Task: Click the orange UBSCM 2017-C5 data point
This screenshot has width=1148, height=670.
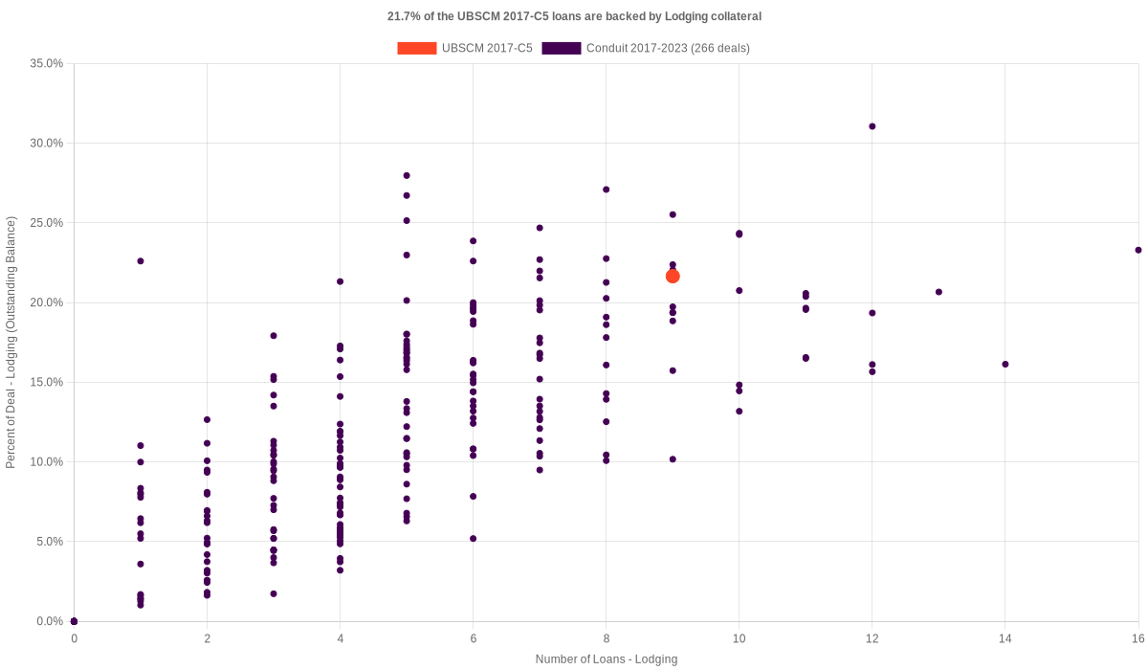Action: (673, 276)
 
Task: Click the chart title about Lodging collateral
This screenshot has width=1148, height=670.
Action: (574, 16)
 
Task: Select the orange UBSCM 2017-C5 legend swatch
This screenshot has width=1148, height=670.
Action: (416, 48)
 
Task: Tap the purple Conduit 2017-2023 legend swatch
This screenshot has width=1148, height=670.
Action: (561, 48)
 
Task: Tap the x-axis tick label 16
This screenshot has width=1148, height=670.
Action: (1137, 637)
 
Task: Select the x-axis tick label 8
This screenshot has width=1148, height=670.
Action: (606, 637)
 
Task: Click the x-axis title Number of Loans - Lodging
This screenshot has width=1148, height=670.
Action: (606, 659)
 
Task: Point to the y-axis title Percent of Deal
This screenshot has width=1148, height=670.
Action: (11, 343)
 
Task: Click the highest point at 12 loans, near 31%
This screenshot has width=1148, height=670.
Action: (872, 126)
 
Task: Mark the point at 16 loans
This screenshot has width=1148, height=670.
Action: (1137, 250)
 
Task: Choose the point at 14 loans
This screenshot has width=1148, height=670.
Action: (1004, 364)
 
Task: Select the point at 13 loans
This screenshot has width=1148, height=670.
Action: (938, 292)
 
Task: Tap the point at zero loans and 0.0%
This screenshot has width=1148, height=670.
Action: (74, 621)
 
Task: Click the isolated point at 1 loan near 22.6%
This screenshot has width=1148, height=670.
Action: (141, 260)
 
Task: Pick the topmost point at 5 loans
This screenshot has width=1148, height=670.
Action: (407, 175)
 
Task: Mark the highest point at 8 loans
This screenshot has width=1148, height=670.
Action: (606, 190)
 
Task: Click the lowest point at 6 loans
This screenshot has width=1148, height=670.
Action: (473, 539)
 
